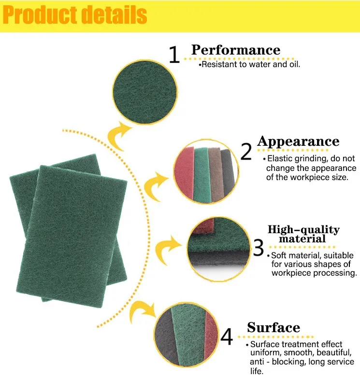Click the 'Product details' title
pyautogui.click(x=75, y=15)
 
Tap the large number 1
pyautogui.click(x=174, y=56)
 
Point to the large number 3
pyautogui.click(x=259, y=247)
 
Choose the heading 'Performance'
pyautogui.click(x=235, y=50)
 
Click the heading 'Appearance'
pyautogui.click(x=298, y=141)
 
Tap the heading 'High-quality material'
pyautogui.click(x=303, y=234)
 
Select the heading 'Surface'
pyautogui.click(x=274, y=328)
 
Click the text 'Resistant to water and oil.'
pyautogui.click(x=251, y=64)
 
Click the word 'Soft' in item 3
pyautogui.click(x=280, y=255)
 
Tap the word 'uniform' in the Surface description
pyautogui.click(x=264, y=353)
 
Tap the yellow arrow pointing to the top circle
pyautogui.click(x=119, y=136)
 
